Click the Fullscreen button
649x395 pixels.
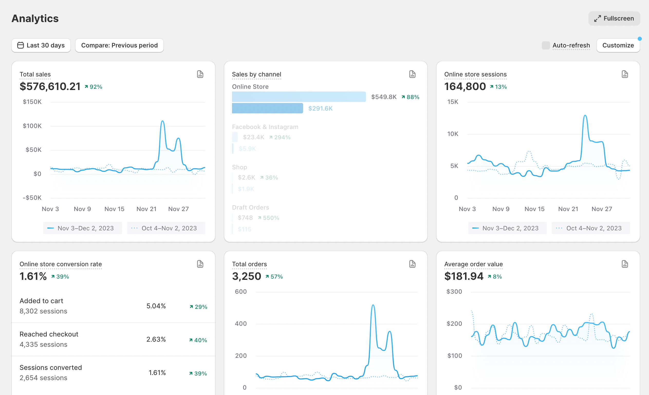(x=614, y=18)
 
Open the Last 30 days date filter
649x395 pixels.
(x=41, y=45)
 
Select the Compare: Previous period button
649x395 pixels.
(x=119, y=45)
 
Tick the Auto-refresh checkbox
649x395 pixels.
(x=546, y=45)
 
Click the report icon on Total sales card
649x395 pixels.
(x=200, y=74)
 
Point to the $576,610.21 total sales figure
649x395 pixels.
(x=50, y=86)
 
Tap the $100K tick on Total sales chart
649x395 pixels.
(x=32, y=126)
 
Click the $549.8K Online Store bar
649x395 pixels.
(x=299, y=97)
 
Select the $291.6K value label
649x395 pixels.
(x=320, y=108)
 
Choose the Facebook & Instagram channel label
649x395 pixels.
(x=265, y=127)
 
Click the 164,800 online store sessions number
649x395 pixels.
(x=465, y=86)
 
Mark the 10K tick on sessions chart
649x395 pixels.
(x=452, y=134)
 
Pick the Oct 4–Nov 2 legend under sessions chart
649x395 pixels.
(x=590, y=228)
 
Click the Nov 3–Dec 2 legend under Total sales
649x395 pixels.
(x=82, y=228)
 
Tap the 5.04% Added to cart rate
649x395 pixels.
(x=156, y=306)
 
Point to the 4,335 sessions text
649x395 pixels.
(x=43, y=344)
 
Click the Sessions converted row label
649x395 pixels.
(x=51, y=367)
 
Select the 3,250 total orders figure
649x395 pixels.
(x=247, y=276)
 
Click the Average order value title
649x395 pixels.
(x=473, y=264)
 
